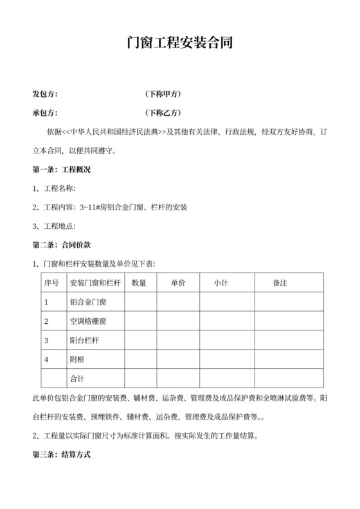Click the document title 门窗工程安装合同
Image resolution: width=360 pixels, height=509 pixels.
[x=179, y=43]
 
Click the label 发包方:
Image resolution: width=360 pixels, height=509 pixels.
[x=45, y=94]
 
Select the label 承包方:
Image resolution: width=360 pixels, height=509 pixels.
[x=45, y=113]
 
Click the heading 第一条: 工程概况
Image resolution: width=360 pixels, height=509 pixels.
[x=61, y=170]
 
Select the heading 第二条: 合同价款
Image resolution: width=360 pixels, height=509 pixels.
[x=61, y=245]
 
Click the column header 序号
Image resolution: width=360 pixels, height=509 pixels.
[x=51, y=283]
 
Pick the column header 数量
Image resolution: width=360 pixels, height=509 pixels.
[x=139, y=283]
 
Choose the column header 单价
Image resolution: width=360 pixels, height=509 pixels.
[x=178, y=283]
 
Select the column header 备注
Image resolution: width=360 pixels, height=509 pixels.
[x=280, y=283]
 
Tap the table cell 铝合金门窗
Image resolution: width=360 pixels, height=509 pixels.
[x=87, y=301]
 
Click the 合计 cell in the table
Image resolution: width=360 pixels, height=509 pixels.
[x=76, y=378]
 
